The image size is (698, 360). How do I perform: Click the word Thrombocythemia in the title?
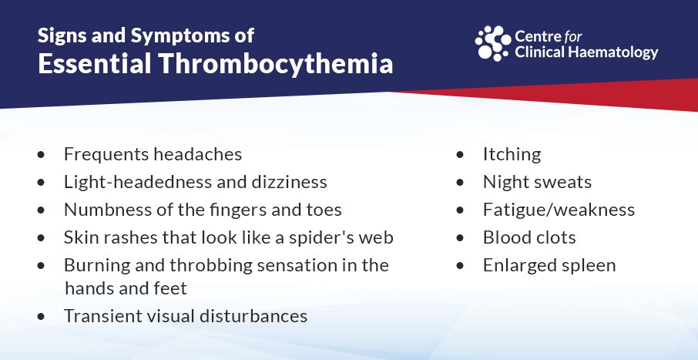[276, 64]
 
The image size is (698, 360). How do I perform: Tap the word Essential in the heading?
[94, 63]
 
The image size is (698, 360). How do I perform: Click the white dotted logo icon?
[493, 43]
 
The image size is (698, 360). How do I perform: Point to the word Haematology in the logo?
[609, 52]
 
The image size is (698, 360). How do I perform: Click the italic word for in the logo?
[572, 35]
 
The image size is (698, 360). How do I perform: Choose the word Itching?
[512, 155]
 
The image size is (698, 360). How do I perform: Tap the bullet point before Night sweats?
[460, 183]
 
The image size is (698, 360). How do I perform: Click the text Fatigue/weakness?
[559, 210]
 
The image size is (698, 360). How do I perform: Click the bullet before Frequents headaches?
[42, 155]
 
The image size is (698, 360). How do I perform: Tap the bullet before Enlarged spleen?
[460, 266]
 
